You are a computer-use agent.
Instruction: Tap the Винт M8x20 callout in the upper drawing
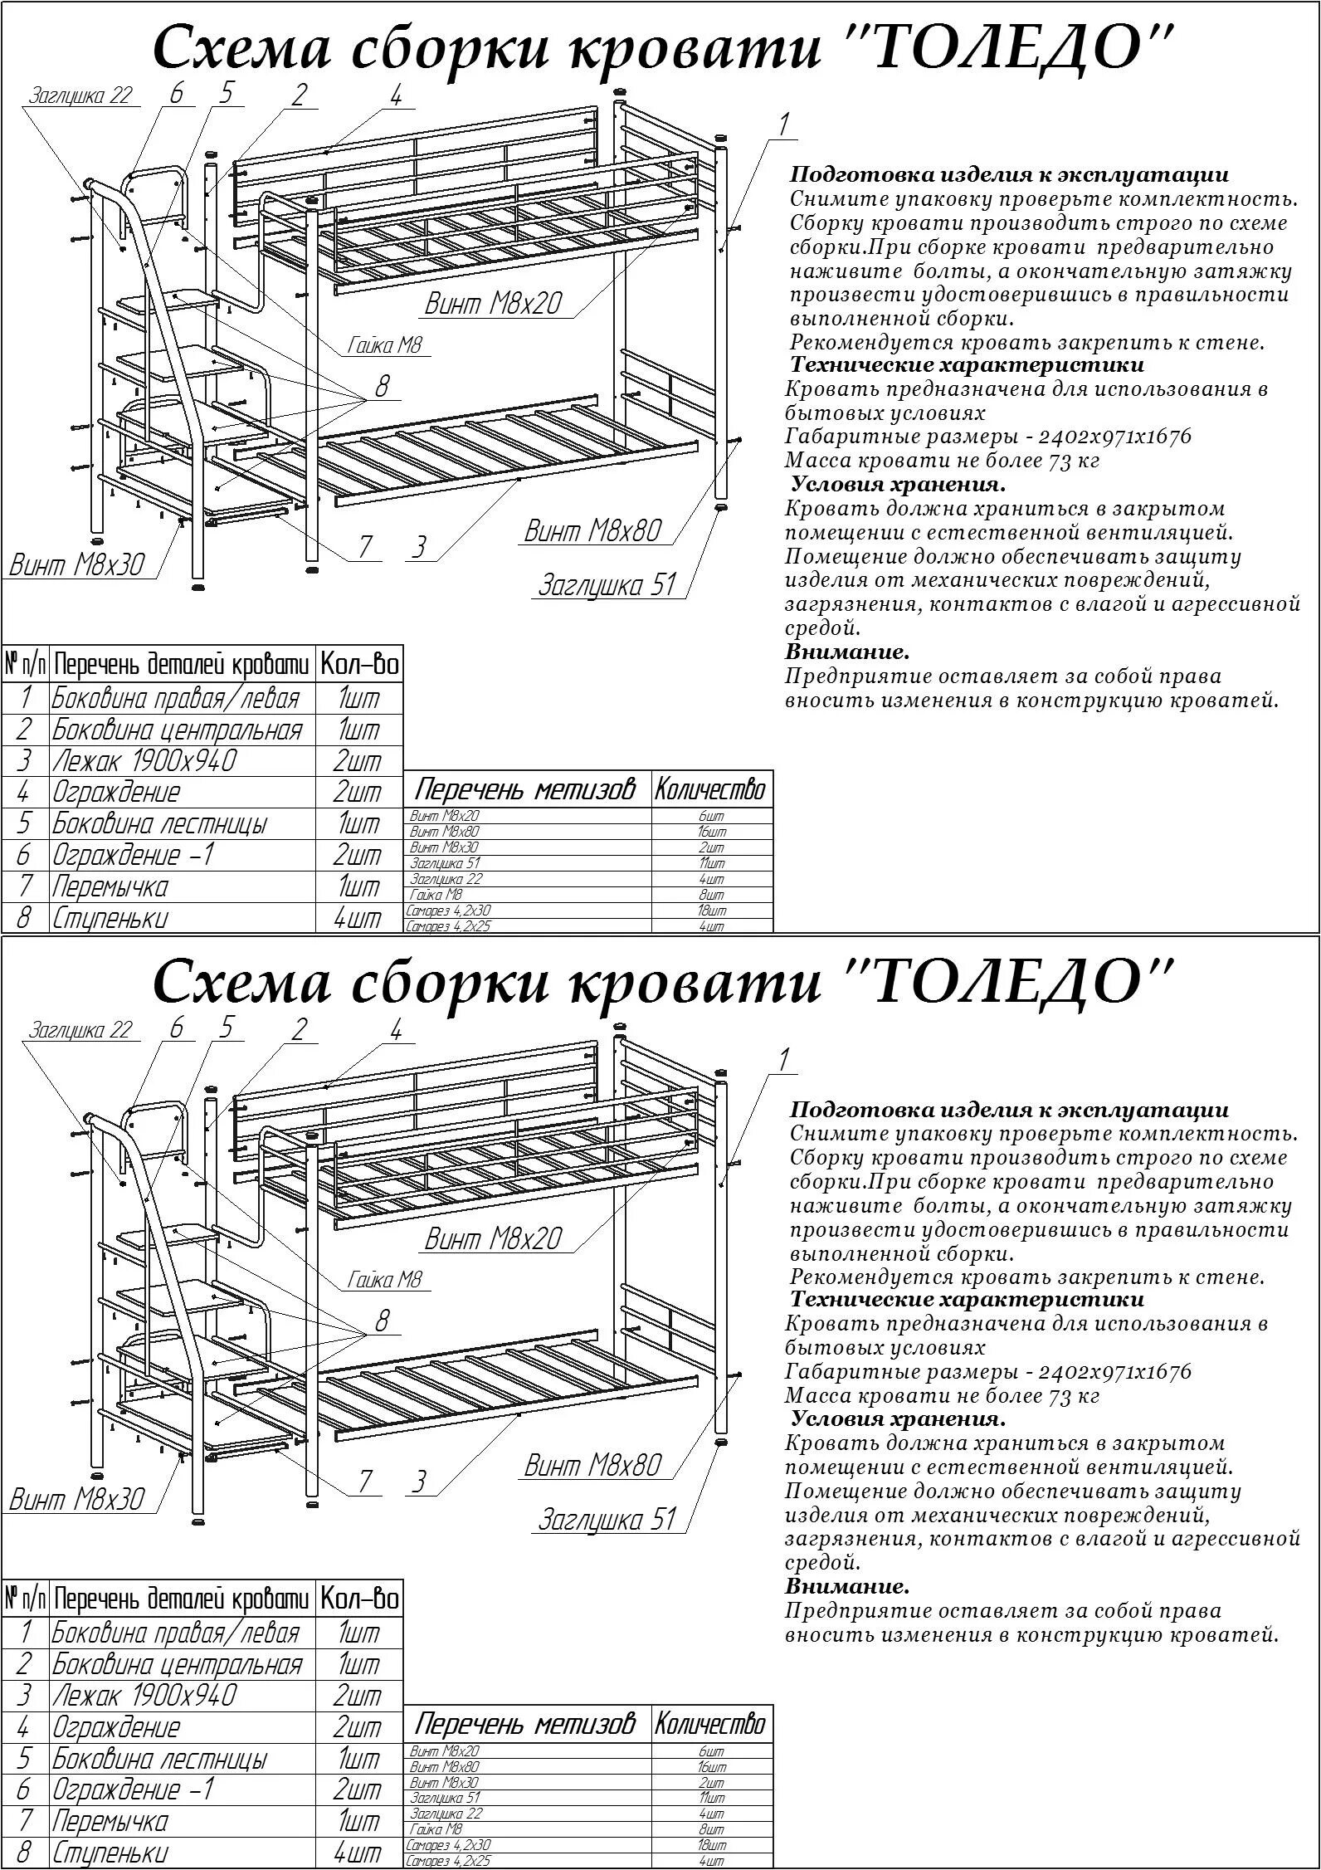click(493, 304)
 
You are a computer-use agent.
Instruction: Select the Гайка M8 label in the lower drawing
click(385, 1279)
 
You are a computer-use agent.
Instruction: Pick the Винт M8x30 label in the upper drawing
click(76, 564)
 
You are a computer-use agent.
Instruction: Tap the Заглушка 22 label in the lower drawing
click(80, 1030)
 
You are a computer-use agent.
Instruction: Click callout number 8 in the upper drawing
click(382, 386)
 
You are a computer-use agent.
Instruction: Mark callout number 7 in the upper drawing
click(365, 547)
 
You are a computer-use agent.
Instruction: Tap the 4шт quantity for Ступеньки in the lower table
click(358, 1853)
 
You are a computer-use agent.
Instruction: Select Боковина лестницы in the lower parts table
click(159, 1759)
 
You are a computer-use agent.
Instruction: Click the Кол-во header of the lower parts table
click(359, 1599)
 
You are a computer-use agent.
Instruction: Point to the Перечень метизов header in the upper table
click(524, 789)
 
